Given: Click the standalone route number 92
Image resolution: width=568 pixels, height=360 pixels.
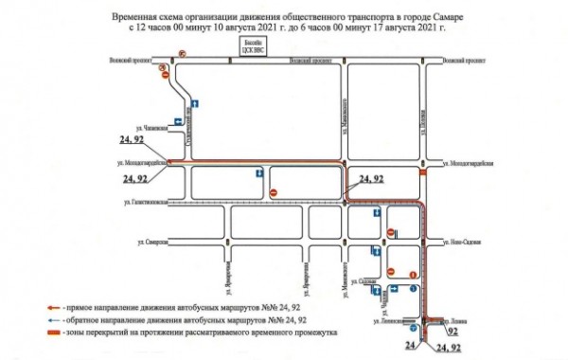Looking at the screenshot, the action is (x=455, y=333).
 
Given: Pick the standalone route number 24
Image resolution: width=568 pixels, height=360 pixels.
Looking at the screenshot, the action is (x=410, y=348).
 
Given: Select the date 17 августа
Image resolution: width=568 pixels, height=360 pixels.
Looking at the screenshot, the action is (x=388, y=29).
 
